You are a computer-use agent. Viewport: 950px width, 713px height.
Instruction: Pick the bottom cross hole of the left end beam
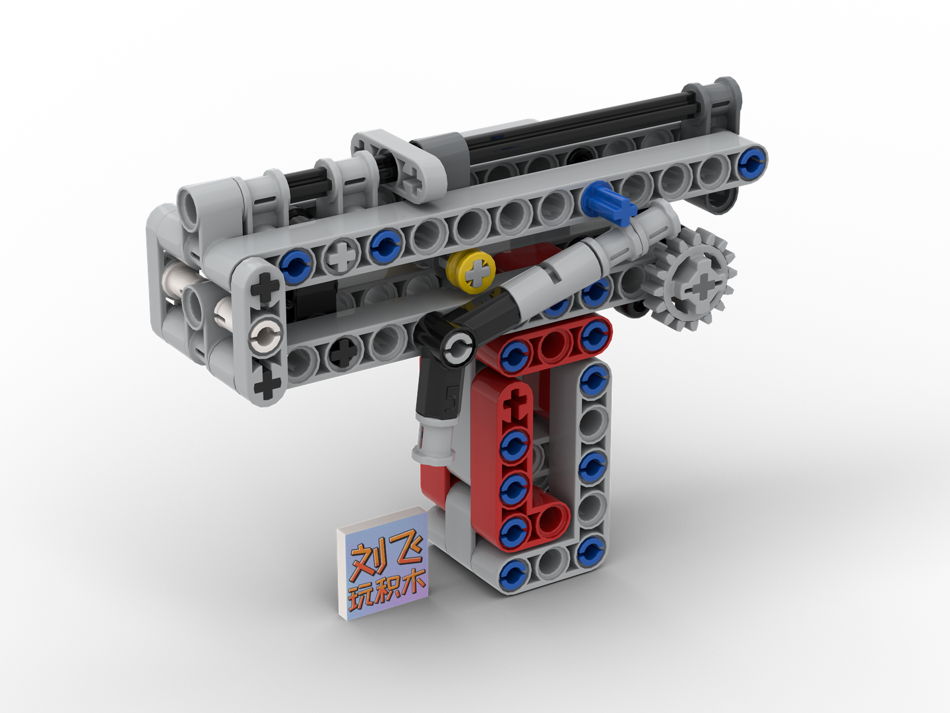click(x=267, y=383)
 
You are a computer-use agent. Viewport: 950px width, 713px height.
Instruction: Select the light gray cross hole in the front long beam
click(x=341, y=257)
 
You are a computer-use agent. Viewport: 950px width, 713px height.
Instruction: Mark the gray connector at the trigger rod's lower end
click(x=430, y=444)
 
